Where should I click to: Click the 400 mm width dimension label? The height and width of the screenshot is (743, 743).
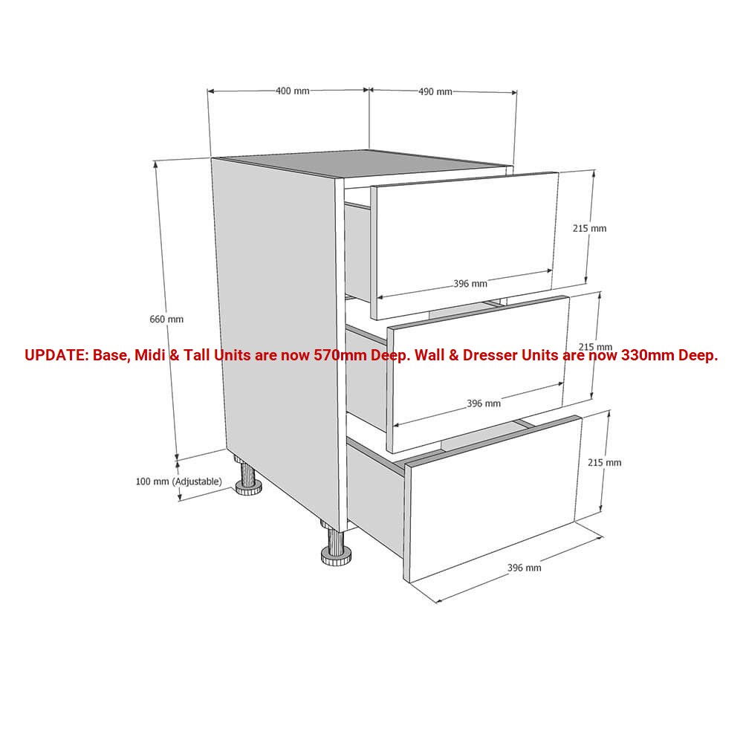(x=292, y=91)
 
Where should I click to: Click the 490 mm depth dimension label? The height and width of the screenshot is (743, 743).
(x=435, y=91)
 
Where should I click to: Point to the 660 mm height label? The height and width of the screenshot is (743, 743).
(x=166, y=319)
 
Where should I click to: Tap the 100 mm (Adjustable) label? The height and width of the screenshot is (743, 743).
(x=178, y=481)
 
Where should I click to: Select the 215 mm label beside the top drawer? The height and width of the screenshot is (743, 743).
(x=589, y=228)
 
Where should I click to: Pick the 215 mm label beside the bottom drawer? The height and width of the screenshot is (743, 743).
(x=605, y=462)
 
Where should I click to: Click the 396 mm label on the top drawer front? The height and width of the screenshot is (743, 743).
(x=470, y=284)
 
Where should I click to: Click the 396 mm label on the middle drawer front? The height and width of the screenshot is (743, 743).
(x=484, y=403)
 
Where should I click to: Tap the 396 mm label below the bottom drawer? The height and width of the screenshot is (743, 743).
(x=524, y=568)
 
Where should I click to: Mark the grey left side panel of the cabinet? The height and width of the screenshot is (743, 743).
(x=279, y=341)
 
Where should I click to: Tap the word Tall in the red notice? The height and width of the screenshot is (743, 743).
(x=196, y=355)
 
